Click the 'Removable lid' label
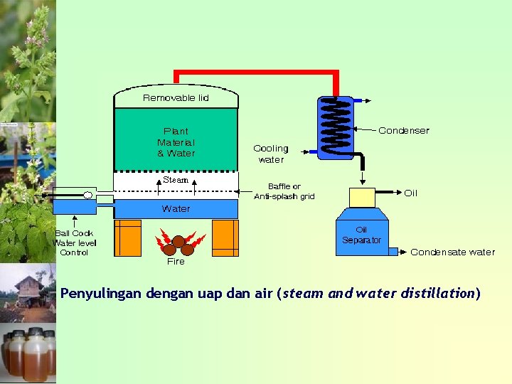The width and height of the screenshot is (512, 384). (x=176, y=97)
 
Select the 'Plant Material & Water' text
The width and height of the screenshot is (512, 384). (x=176, y=142)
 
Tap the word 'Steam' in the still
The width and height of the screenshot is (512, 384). (x=176, y=180)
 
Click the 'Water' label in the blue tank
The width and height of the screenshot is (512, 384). (x=176, y=208)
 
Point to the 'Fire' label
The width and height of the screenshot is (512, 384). (x=176, y=261)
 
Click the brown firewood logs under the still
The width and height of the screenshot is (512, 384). (x=177, y=245)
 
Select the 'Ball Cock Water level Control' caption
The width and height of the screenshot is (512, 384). (x=74, y=242)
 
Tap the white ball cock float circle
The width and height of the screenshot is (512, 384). (x=87, y=195)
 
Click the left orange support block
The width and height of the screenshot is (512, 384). (x=128, y=238)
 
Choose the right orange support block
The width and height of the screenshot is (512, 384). (x=225, y=238)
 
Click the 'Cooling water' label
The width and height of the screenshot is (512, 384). (x=271, y=154)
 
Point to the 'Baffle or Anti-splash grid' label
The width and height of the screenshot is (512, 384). (x=284, y=191)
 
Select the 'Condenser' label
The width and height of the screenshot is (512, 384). (x=403, y=130)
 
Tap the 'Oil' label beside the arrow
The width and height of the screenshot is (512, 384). (x=411, y=193)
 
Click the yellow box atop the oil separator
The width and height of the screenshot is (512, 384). (x=362, y=197)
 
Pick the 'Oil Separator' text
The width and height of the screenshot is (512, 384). (x=361, y=235)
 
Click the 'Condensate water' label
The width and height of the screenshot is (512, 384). (x=452, y=252)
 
